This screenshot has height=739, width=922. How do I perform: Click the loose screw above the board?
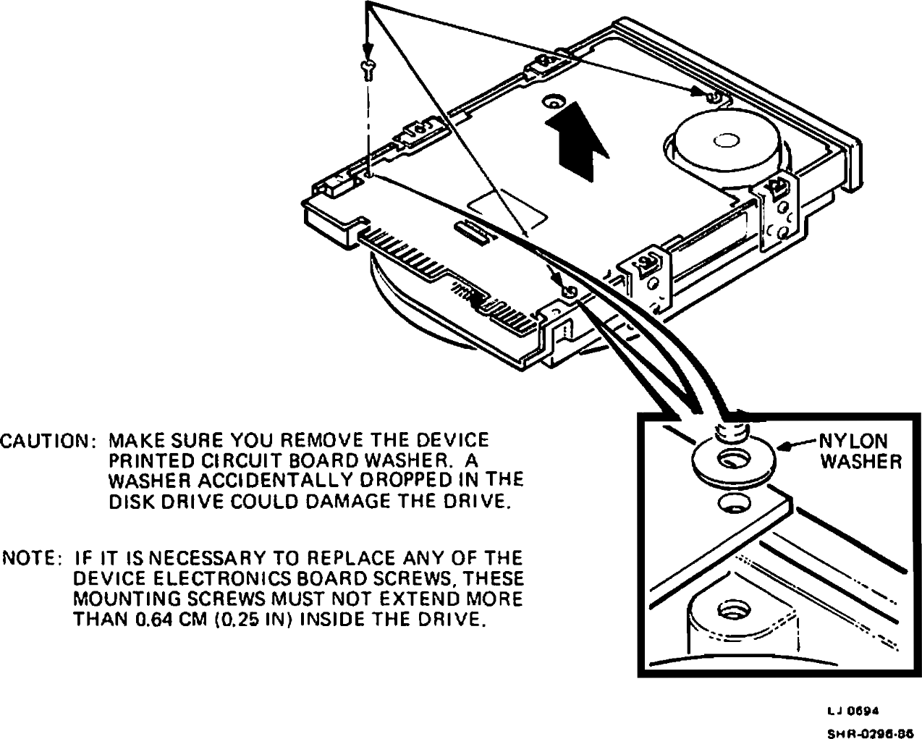pos(368,69)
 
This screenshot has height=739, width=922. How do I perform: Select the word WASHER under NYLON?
pos(860,462)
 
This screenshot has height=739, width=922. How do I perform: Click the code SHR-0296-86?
pos(868,732)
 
